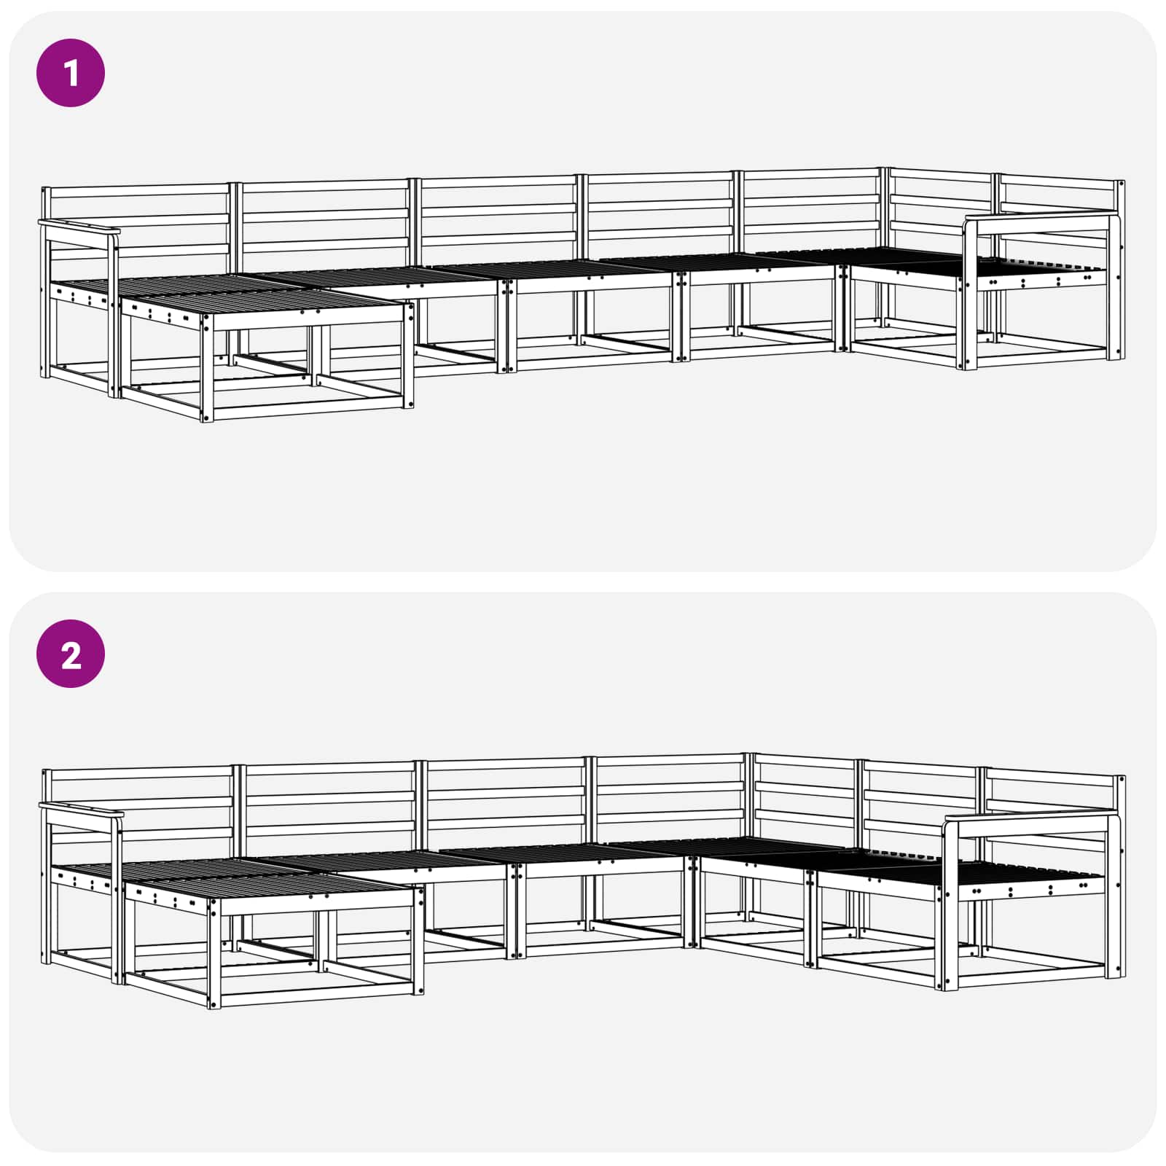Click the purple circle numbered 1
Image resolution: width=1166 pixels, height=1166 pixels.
(71, 73)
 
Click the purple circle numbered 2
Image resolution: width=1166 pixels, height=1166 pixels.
(71, 654)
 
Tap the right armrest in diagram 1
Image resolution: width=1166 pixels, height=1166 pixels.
(1041, 218)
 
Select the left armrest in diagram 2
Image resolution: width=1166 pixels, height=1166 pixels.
(80, 809)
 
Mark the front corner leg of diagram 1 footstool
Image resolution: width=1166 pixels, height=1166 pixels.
(207, 368)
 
